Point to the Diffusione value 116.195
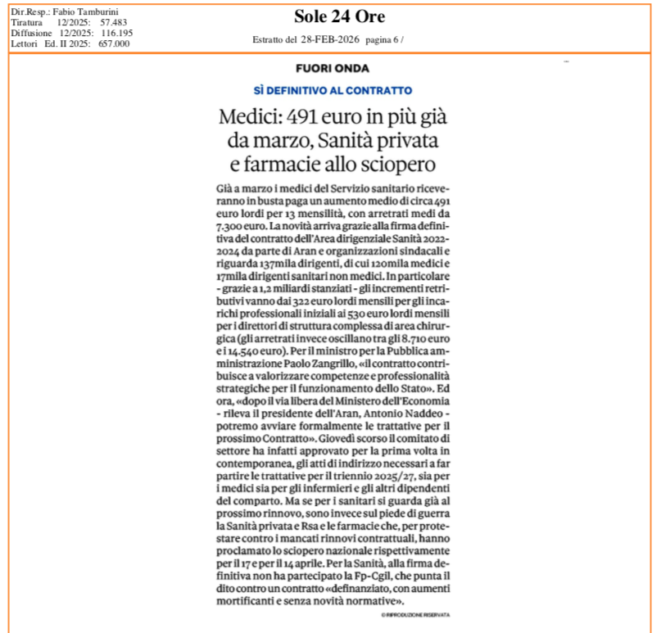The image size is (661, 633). (116, 34)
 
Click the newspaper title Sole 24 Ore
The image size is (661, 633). (339, 16)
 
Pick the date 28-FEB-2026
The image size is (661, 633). (330, 39)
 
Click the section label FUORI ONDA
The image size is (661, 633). (332, 69)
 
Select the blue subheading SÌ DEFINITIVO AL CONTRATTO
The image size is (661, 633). (332, 90)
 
